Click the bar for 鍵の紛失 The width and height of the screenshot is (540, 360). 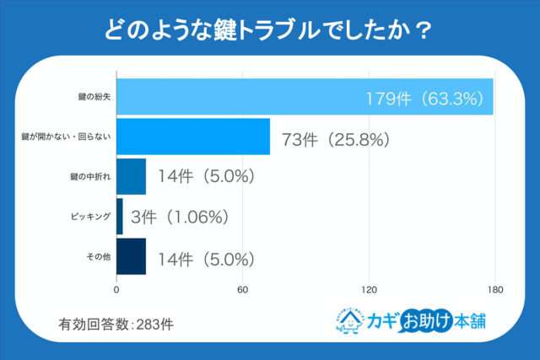(304, 97)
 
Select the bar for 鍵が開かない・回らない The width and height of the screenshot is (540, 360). (192, 137)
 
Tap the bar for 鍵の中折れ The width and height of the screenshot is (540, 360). (131, 177)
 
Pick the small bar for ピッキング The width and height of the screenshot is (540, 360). (119, 217)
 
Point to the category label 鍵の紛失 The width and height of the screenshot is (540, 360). (93, 98)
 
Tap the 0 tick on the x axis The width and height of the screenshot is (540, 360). (116, 289)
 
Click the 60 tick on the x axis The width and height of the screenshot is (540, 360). (242, 289)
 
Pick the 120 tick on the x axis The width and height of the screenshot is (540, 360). (368, 289)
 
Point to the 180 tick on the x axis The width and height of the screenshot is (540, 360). (494, 289)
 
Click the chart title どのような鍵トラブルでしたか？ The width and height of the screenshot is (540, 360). (269, 30)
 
